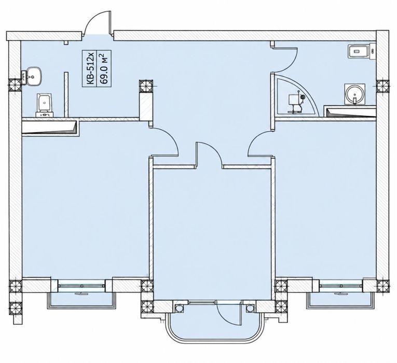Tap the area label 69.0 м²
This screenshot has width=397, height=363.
point(104,68)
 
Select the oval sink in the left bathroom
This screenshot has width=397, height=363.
point(32,76)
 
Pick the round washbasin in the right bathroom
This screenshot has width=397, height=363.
point(355,94)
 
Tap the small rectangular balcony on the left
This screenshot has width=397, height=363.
point(81,301)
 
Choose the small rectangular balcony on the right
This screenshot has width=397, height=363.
point(340,301)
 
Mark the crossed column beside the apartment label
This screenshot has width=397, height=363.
point(146,86)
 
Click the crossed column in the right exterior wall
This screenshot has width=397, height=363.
point(383,86)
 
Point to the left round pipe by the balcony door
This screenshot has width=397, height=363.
point(179,308)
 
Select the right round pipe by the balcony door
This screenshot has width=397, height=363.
point(250,308)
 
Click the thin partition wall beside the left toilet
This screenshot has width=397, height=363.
point(66,94)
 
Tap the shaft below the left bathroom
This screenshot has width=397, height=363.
point(51,129)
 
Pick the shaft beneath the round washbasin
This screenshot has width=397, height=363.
point(350,113)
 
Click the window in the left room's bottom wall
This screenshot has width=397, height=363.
point(81,286)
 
